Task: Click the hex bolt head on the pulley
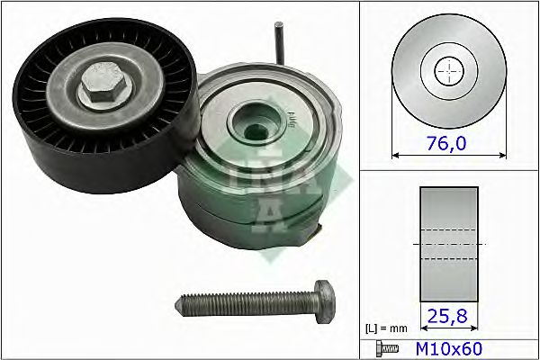pos(100,89)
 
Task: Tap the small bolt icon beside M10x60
pos(384,346)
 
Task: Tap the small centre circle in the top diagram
pos(447,69)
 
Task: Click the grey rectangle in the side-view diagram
pos(448,244)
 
